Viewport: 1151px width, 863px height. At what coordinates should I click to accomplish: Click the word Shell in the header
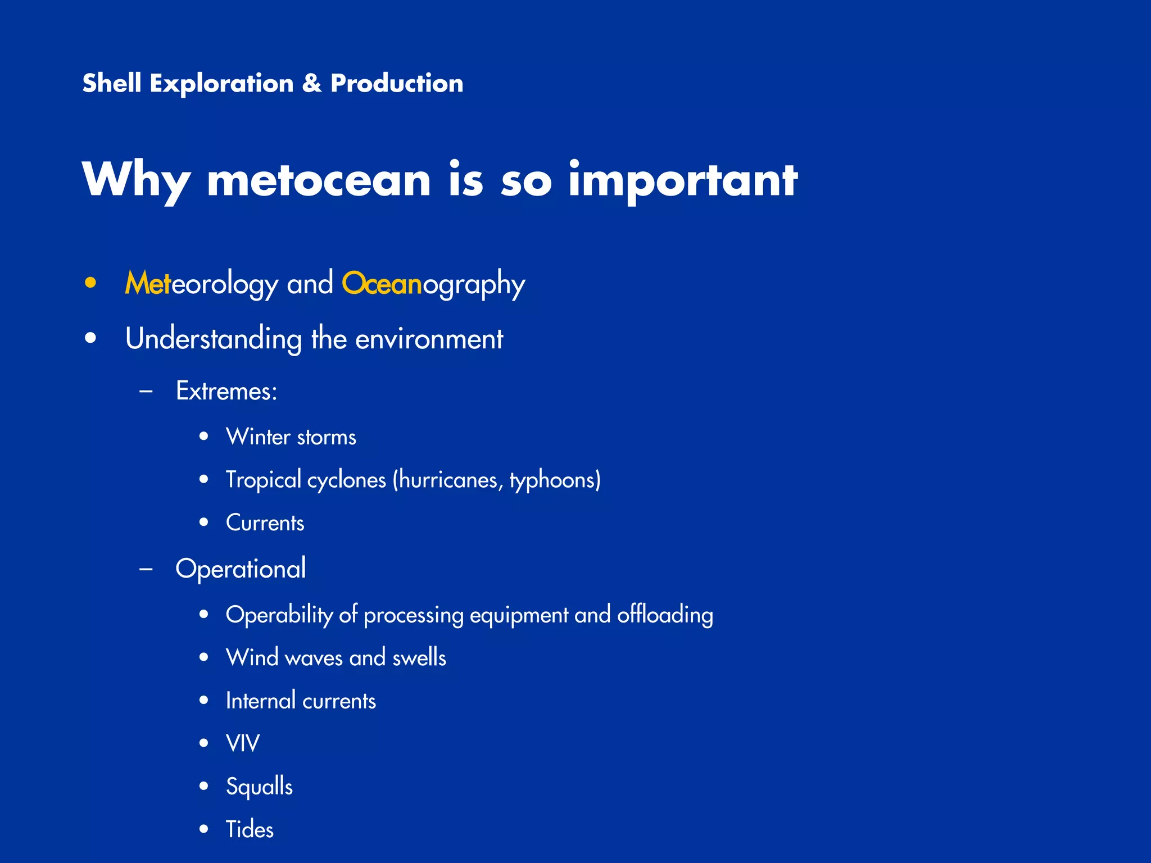[111, 83]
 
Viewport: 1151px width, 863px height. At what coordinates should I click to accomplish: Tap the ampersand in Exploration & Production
[311, 84]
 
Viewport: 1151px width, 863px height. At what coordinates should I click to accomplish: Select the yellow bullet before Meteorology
[90, 283]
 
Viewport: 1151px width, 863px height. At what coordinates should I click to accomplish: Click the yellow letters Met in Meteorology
[147, 283]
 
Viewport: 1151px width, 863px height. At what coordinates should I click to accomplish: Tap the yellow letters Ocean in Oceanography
[382, 283]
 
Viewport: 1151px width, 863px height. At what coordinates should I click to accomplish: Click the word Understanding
[214, 339]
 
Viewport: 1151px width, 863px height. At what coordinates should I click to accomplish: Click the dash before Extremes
[146, 391]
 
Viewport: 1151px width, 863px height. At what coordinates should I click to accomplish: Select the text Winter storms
[291, 437]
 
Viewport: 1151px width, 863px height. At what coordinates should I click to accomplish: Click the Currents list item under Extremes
[265, 523]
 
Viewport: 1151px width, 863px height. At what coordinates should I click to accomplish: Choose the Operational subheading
[241, 569]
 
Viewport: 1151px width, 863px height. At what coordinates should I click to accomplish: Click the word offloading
[665, 615]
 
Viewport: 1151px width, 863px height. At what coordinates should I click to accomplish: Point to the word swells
[419, 657]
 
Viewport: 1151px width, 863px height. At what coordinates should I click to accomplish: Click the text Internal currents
[301, 701]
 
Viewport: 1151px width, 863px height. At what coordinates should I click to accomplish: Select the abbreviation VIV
[242, 743]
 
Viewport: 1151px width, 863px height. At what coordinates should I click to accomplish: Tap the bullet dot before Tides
[204, 829]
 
